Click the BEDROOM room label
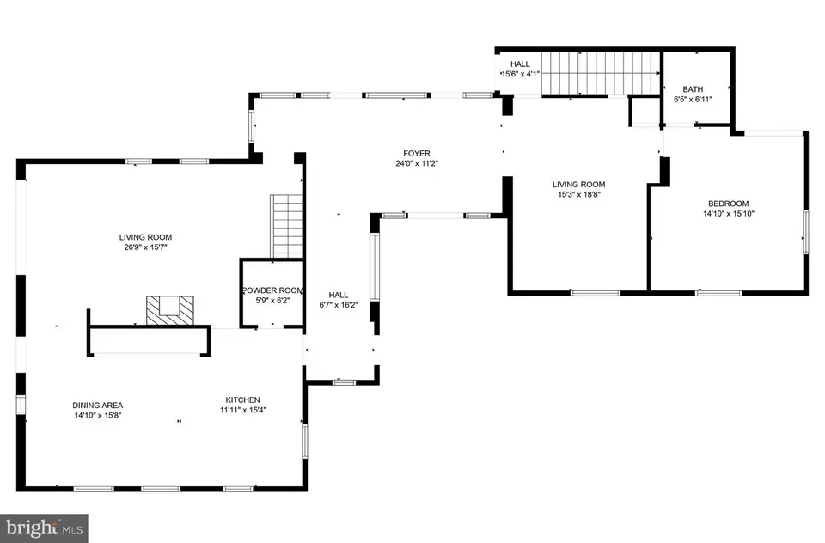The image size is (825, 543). tap(728, 204)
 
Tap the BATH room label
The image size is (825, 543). tap(693, 89)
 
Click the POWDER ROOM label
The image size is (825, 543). tap(272, 290)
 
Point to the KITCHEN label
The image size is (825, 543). tap(242, 400)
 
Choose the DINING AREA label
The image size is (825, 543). tap(98, 405)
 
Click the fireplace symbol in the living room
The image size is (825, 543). tap(170, 309)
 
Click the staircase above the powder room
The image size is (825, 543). tap(288, 226)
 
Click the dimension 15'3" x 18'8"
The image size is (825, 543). tap(578, 195)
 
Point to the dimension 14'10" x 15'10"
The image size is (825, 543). tap(728, 214)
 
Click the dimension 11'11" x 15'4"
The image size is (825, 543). tap(242, 410)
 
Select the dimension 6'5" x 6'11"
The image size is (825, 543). tap(693, 100)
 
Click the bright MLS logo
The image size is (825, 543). tap(44, 526)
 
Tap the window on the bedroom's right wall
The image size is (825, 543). tap(805, 232)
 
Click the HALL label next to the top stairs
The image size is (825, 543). tap(521, 64)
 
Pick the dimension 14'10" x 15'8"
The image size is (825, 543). tap(98, 415)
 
